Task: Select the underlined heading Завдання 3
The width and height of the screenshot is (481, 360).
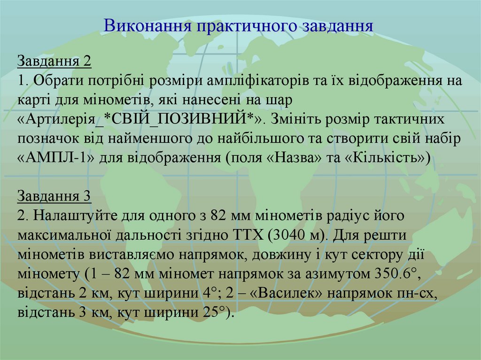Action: coord(54,196)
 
